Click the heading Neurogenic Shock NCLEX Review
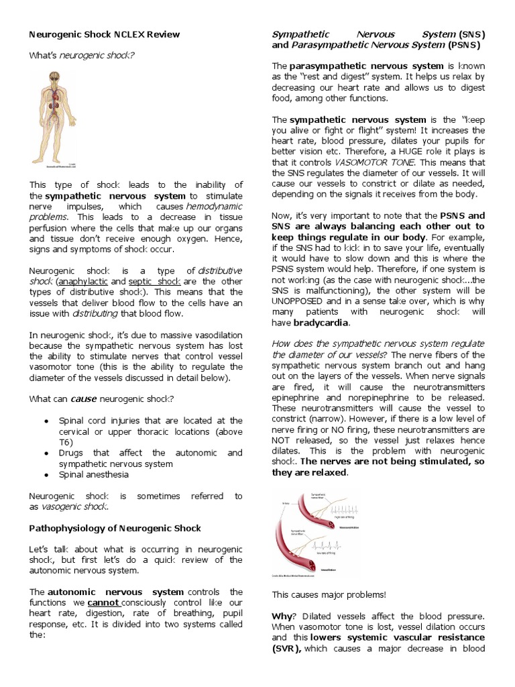point(104,34)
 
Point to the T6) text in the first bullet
point(66,442)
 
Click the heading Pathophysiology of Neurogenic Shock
point(115,528)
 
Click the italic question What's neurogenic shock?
point(81,55)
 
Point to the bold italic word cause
point(84,399)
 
